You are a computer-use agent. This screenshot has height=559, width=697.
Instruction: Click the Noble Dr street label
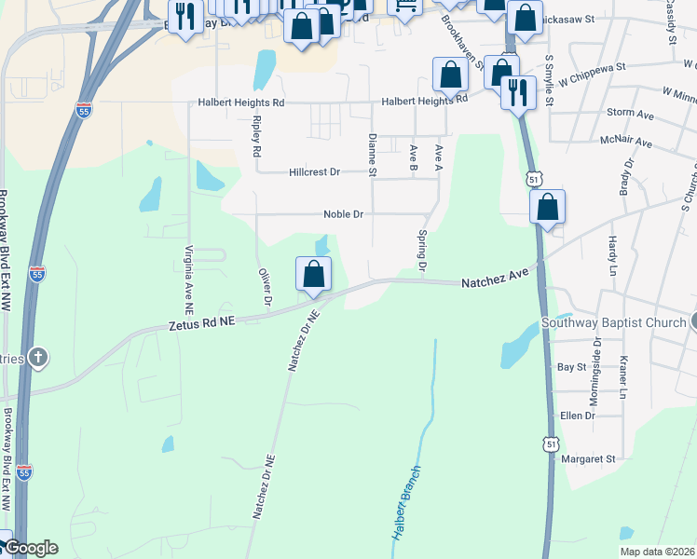click(342, 214)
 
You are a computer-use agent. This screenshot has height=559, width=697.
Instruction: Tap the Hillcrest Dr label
click(315, 172)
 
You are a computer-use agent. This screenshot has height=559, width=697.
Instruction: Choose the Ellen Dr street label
click(577, 416)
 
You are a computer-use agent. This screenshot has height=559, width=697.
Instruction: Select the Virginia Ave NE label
click(188, 278)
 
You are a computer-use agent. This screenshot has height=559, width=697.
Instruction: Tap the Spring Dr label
click(422, 252)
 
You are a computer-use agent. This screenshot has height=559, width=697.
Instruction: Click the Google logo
click(30, 549)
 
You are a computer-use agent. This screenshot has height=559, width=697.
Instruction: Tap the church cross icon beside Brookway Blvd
click(38, 357)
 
